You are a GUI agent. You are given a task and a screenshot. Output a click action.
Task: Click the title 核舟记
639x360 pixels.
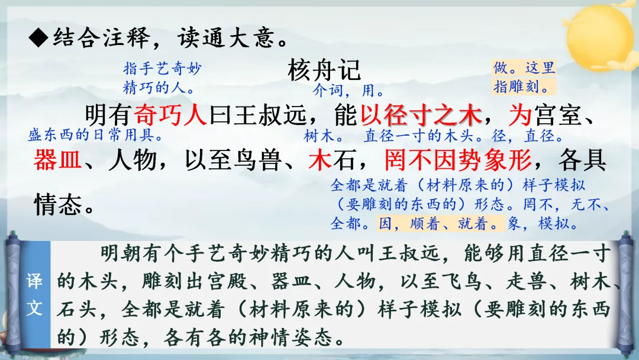click(x=324, y=70)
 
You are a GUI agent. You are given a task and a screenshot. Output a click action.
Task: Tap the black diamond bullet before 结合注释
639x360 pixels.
click(x=38, y=38)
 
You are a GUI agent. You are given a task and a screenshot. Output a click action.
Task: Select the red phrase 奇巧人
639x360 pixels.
click(x=170, y=114)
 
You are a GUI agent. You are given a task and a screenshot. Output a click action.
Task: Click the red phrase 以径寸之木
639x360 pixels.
click(x=421, y=114)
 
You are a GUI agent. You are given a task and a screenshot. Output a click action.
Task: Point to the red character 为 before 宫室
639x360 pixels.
click(x=520, y=114)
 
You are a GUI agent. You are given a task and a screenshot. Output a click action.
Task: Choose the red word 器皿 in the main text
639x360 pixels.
click(x=57, y=159)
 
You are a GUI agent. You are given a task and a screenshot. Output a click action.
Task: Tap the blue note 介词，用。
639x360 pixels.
click(x=348, y=90)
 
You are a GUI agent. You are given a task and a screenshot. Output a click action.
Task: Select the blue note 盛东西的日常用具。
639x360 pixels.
click(x=96, y=134)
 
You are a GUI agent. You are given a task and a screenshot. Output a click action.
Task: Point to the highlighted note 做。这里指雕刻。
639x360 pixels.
click(x=524, y=77)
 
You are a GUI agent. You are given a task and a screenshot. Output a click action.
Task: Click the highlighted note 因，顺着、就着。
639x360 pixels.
click(x=441, y=223)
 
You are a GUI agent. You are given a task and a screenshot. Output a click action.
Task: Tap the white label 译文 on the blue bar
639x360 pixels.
click(x=34, y=294)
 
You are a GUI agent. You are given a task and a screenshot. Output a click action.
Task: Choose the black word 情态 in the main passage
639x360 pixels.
click(x=58, y=204)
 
